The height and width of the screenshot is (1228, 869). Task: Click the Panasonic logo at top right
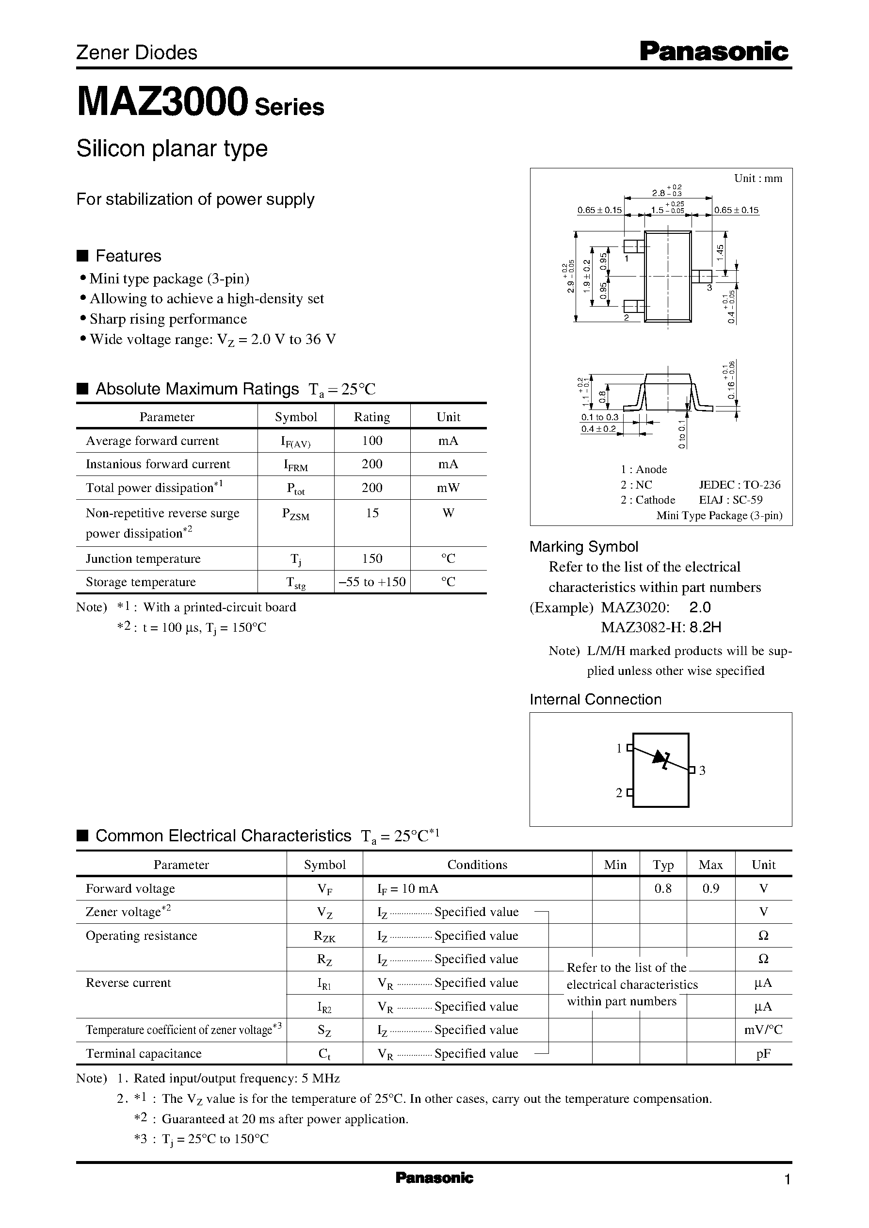[714, 52]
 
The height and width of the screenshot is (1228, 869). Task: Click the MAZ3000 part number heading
[162, 103]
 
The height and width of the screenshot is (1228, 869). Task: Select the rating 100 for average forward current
[372, 441]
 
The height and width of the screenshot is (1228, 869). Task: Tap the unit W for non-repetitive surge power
[448, 513]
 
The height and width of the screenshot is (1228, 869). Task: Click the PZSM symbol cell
[295, 514]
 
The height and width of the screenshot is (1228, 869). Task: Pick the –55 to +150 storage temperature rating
[372, 582]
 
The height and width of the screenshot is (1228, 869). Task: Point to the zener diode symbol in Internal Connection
[661, 758]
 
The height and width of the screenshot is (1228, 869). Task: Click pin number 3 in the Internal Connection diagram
[702, 771]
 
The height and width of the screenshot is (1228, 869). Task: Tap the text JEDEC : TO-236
[740, 484]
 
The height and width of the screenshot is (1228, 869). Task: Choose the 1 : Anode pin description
[644, 470]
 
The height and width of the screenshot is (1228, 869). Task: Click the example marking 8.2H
[705, 627]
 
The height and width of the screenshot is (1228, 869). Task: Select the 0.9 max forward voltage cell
[710, 888]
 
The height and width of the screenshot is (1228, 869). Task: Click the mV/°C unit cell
[763, 1030]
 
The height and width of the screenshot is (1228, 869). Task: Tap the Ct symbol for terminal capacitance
[324, 1053]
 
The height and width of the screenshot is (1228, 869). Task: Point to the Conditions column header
[477, 865]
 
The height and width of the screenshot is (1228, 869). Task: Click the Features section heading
[128, 256]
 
